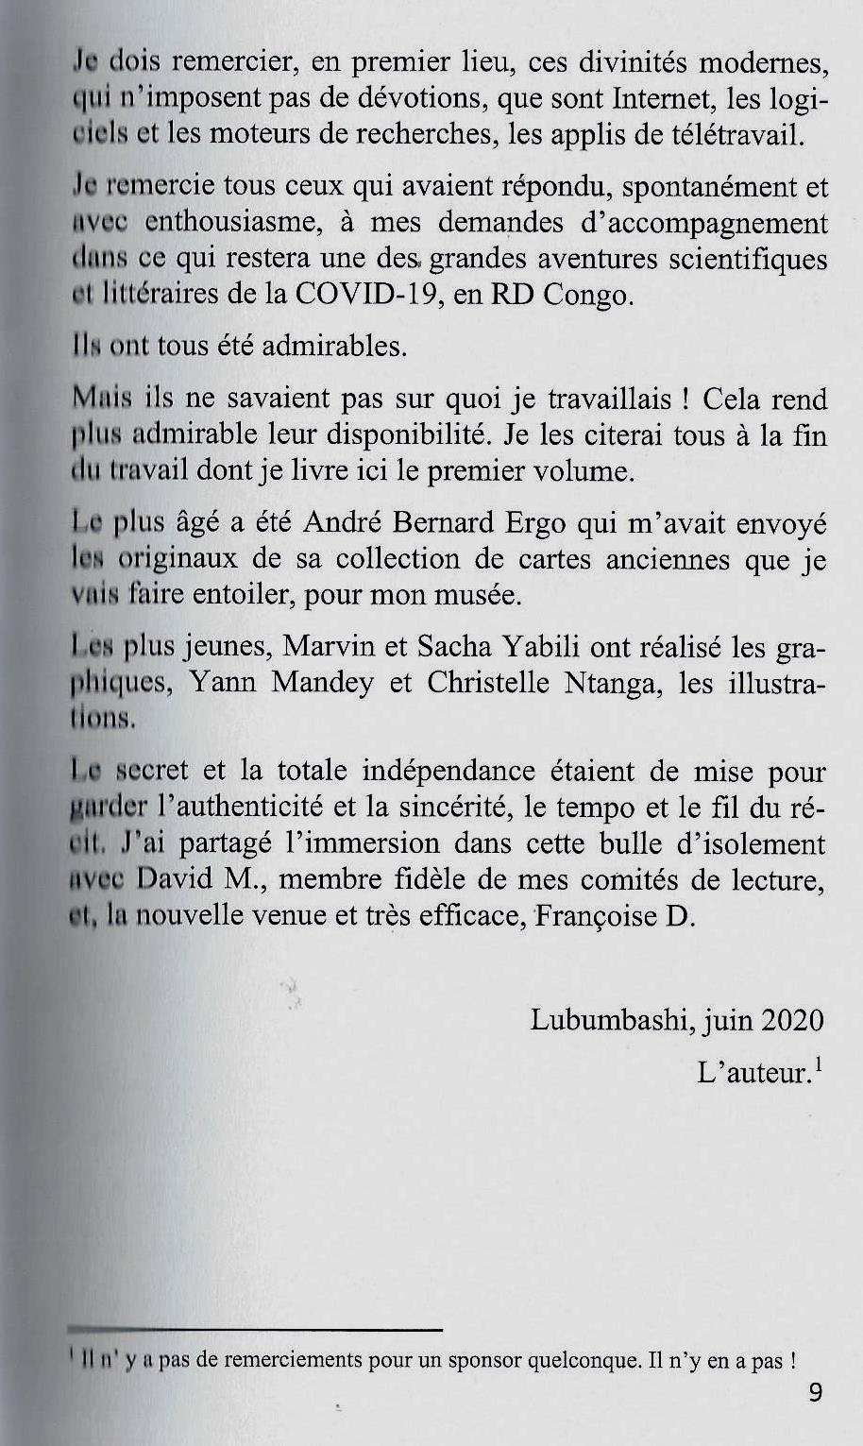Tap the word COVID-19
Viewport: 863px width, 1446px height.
pyautogui.click(x=349, y=295)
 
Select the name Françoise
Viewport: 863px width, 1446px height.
pyautogui.click(x=598, y=916)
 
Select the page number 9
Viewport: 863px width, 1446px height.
pyautogui.click(x=816, y=1393)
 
